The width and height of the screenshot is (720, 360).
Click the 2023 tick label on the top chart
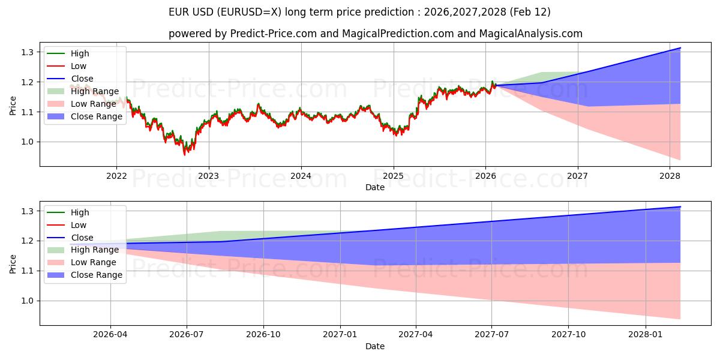pos(208,176)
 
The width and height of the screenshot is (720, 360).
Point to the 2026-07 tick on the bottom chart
pos(187,335)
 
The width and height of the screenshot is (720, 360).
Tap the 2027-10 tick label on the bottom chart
pos(568,335)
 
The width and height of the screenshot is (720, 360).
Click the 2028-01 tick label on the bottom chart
pos(645,335)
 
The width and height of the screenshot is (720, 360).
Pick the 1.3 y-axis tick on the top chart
pos(26,52)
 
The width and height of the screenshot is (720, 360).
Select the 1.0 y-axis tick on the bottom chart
pos(26,301)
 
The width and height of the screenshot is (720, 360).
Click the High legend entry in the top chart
pos(79,53)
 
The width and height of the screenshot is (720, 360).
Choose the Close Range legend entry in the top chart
pos(97,116)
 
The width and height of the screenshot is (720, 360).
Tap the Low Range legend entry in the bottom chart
pos(94,262)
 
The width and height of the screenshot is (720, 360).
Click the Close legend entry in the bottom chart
pos(82,237)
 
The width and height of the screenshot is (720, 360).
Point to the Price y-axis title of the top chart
pos(13,105)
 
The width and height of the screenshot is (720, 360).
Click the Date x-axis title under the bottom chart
pos(375,346)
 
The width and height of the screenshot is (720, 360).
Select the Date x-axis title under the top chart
pos(375,187)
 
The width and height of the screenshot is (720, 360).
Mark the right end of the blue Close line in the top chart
pos(680,48)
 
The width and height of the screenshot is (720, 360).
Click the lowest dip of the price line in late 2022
pos(185,155)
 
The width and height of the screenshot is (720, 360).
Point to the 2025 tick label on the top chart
pos(393,176)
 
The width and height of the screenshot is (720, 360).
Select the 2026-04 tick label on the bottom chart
pos(110,335)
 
